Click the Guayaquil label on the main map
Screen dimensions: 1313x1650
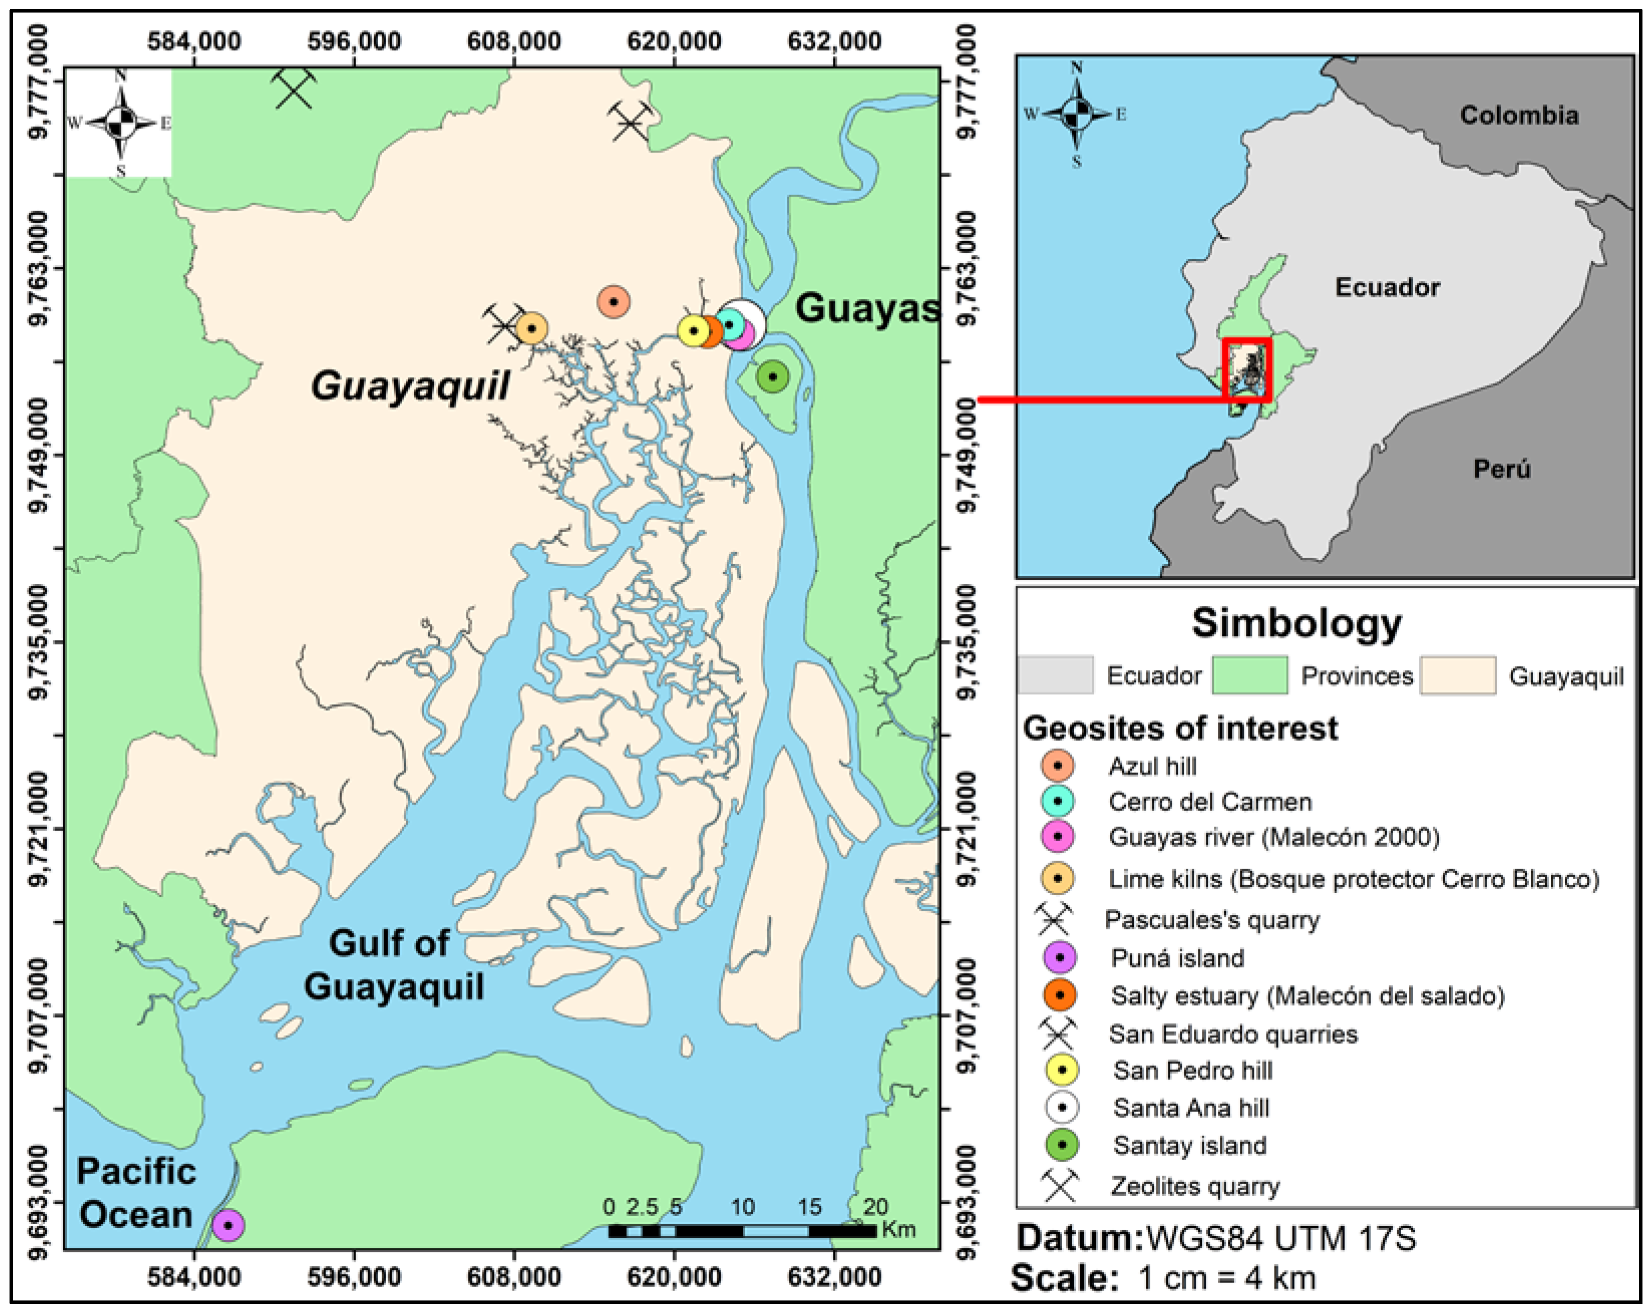pos(410,385)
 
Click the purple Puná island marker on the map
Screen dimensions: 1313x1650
pos(228,1225)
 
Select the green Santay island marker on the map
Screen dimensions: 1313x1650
pos(773,377)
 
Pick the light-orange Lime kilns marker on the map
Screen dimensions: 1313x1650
pos(531,328)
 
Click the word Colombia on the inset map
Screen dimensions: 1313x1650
pos(1519,115)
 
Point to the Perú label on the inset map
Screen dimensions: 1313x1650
pos(1502,468)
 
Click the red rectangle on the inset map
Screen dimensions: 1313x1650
pos(1247,370)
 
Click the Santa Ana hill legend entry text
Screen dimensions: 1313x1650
pos(1191,1107)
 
